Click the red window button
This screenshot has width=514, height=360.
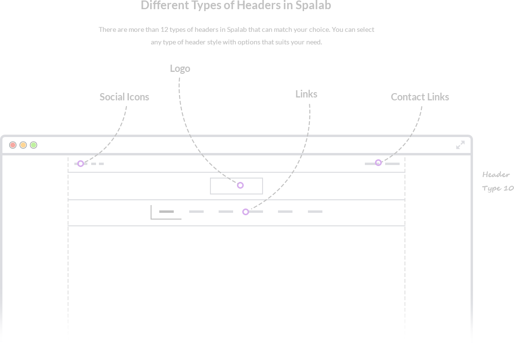click(x=13, y=145)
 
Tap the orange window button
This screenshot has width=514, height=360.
click(x=23, y=145)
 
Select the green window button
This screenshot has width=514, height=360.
click(x=34, y=145)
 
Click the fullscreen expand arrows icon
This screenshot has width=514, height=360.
click(x=460, y=145)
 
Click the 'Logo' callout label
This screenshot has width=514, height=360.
click(x=180, y=69)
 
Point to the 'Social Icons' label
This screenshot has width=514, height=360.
click(x=124, y=97)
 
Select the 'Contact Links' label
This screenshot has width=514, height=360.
click(x=420, y=97)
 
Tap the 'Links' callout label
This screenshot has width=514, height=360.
click(x=306, y=94)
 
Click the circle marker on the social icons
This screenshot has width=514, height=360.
click(x=81, y=164)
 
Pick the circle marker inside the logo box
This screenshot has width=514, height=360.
click(x=240, y=185)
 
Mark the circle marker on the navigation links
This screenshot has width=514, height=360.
click(x=246, y=212)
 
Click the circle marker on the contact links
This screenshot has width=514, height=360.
click(x=379, y=163)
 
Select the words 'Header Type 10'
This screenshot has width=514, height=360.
click(x=497, y=181)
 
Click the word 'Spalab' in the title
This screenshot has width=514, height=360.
click(x=313, y=6)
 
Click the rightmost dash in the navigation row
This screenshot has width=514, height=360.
click(x=315, y=211)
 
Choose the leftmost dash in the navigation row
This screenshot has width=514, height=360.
click(x=167, y=211)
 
